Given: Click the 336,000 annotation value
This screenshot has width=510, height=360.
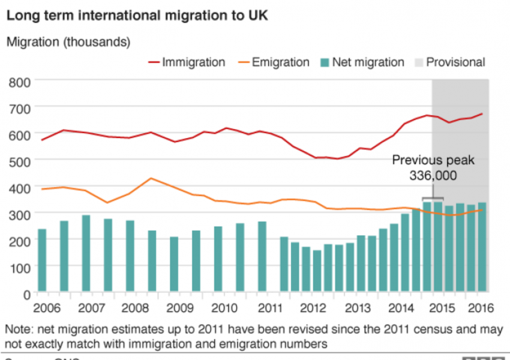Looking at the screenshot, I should point(433,176).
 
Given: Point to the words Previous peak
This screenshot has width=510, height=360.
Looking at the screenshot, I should point(433,160).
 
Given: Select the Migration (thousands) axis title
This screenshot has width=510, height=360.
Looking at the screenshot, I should point(68,42).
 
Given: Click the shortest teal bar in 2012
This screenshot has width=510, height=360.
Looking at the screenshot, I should point(317,271).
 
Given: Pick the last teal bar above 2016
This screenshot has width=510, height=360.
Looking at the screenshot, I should point(482,247).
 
